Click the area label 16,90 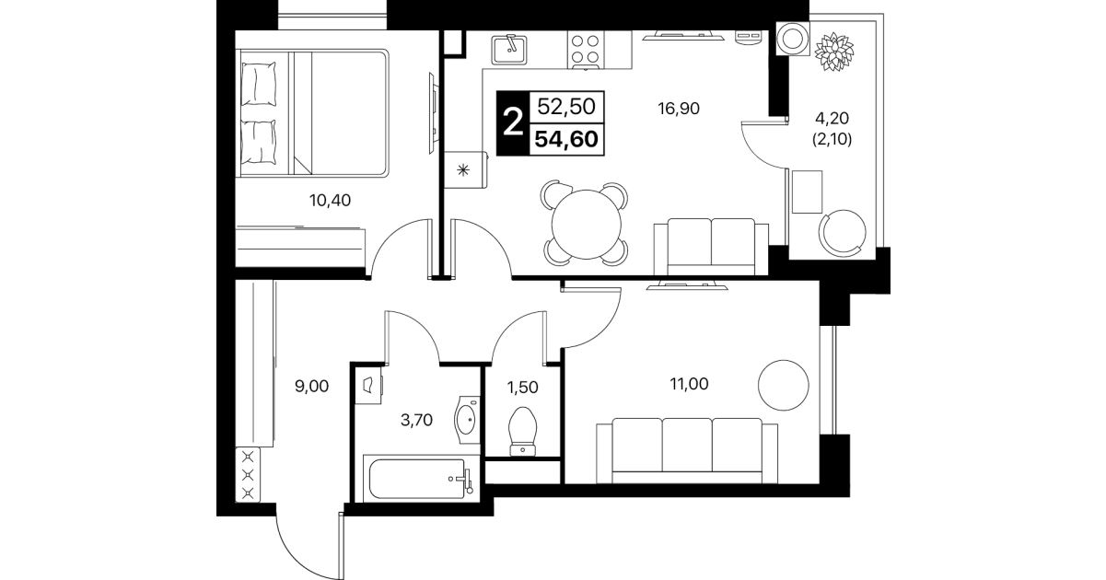679,108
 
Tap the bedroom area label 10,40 330,201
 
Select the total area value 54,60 566,140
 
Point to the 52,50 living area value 566,106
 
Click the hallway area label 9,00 311,387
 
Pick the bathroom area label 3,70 416,420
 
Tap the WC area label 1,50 522,388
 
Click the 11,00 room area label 689,384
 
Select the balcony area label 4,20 832,118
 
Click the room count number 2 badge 513,123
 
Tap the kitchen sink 509,50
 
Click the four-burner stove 585,50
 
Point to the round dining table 586,224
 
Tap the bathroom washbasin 467,420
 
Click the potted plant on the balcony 834,52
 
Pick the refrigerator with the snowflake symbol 465,169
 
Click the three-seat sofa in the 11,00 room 687,451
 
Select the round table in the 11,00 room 784,386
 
